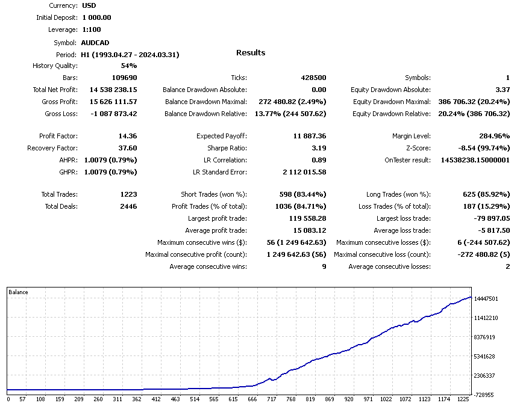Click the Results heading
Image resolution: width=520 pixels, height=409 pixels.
[251, 53]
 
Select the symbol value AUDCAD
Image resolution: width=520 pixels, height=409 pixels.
[96, 43]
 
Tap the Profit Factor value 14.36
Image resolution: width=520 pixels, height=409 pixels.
[127, 136]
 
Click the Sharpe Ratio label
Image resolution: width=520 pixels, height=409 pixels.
[227, 148]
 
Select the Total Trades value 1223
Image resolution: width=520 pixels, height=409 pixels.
[128, 194]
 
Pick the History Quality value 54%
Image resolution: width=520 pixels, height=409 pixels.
[128, 66]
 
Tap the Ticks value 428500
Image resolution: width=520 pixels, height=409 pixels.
[313, 78]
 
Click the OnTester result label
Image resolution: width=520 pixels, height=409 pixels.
[407, 160]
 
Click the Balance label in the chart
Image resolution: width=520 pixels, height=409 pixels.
[18, 292]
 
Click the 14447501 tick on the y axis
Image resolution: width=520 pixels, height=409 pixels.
[486, 299]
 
